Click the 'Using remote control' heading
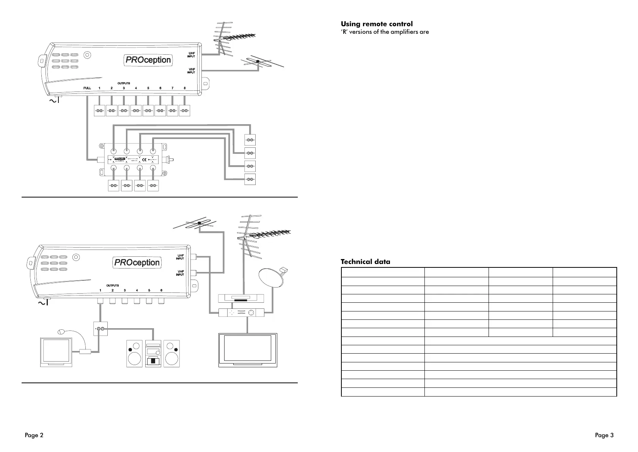coord(376,24)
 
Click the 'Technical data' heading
coord(365,262)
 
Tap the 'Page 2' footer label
coord(34,435)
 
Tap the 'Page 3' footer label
coord(604,435)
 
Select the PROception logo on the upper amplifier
coord(148,60)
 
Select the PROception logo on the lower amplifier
coord(137,262)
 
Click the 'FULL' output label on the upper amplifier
coord(87,88)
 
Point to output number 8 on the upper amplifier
coord(185,88)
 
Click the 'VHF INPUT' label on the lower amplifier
coord(180,273)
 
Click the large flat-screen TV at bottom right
coord(248,350)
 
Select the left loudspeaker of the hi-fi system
coord(134,354)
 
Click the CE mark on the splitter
coord(144,159)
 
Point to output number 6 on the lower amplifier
coord(161,291)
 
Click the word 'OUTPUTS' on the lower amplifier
coord(112,286)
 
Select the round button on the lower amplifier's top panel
coord(76,258)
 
